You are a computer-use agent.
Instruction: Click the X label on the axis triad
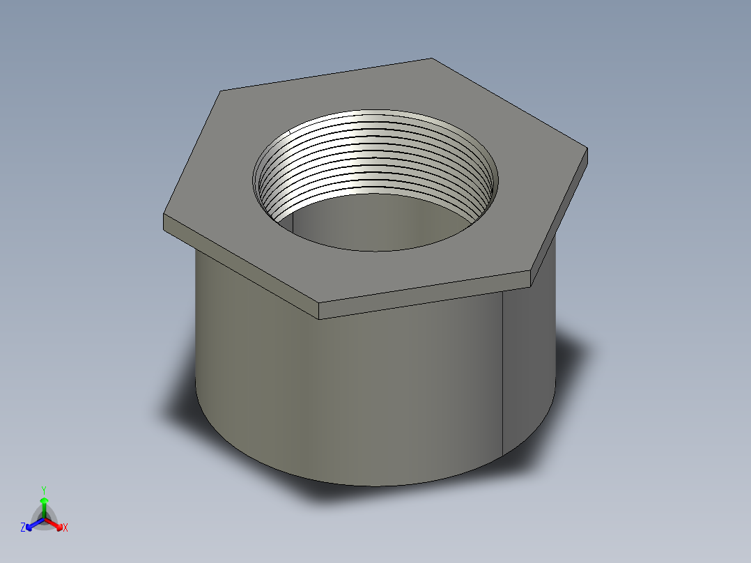65,528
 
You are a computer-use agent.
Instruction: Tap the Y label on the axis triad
43,489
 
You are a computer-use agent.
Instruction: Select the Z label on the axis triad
23,527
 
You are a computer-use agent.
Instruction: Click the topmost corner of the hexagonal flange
431,59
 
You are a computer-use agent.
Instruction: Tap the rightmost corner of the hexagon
587,148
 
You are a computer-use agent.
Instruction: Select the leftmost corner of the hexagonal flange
164,216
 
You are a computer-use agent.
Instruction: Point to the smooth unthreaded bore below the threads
376,223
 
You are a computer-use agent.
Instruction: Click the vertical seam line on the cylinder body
502,369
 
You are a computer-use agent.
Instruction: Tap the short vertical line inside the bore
293,222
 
